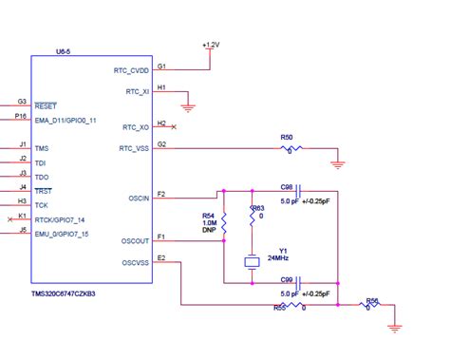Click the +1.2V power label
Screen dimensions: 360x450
(210, 44)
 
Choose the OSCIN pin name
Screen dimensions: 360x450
(138, 198)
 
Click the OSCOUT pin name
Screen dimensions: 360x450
(135, 240)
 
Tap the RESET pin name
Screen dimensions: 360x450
(47, 104)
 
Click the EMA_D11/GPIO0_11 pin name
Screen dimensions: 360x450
(66, 120)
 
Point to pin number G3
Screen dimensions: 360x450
(21, 101)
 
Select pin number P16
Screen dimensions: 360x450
(21, 116)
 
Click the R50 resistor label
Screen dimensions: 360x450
(288, 139)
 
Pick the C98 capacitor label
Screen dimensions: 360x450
(287, 188)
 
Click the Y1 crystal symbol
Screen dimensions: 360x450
(253, 262)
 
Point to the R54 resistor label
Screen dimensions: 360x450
(208, 216)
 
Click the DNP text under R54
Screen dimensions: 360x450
(208, 231)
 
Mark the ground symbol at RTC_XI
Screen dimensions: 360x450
(189, 107)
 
